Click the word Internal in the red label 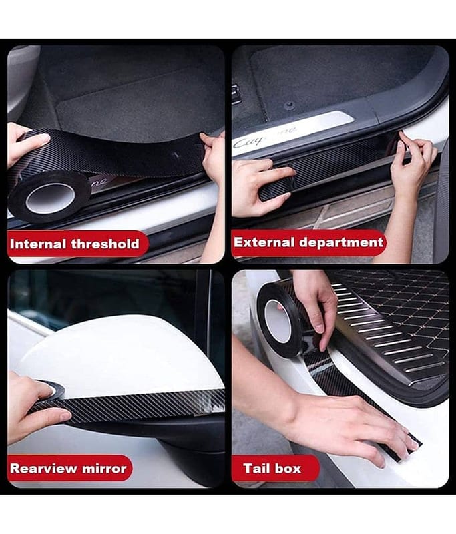[38, 244]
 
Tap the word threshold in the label [105, 244]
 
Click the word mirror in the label [104, 469]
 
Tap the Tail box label [272, 469]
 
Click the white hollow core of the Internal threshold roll [50, 198]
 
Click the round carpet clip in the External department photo [290, 106]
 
